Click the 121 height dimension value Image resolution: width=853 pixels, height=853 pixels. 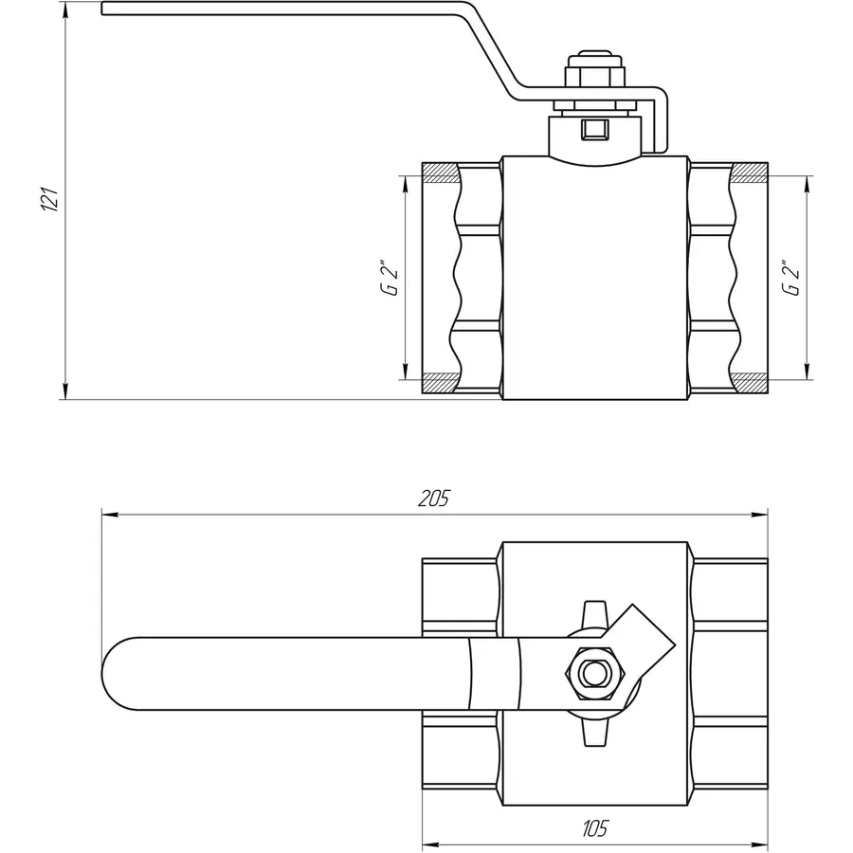(x=53, y=199)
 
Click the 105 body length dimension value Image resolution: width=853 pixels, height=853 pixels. (x=593, y=828)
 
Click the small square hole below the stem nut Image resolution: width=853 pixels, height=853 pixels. (x=596, y=128)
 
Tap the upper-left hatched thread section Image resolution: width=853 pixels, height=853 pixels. (x=438, y=173)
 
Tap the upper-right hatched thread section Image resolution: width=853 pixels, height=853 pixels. (x=750, y=173)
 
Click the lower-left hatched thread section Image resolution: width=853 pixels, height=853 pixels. (x=438, y=383)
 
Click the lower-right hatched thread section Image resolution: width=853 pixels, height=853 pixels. (x=750, y=383)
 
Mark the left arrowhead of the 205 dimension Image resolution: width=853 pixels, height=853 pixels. (x=108, y=516)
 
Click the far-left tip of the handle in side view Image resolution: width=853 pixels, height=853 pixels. (x=104, y=10)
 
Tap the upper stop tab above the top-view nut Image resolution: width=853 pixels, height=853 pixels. (x=593, y=612)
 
